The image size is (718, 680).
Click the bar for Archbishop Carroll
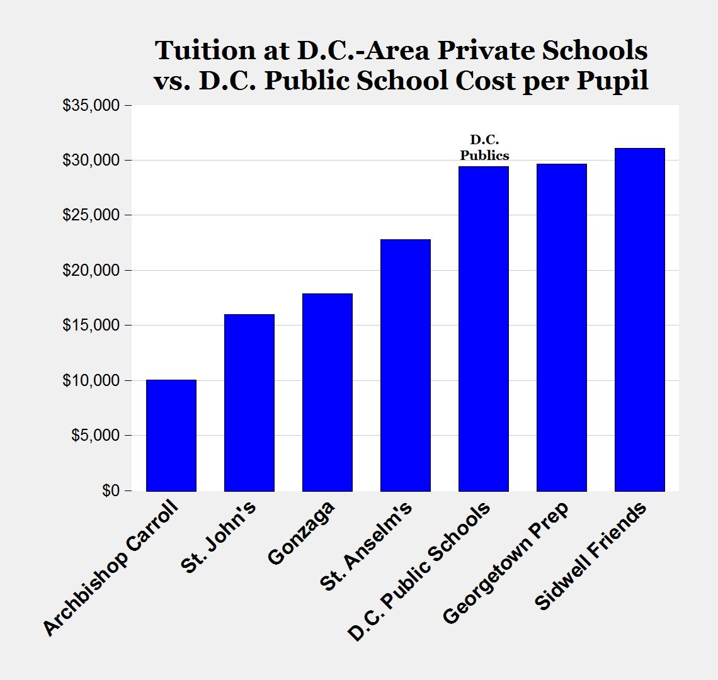(x=171, y=435)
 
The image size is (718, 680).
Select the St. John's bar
(x=249, y=402)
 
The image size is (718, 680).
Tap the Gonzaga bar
(x=327, y=392)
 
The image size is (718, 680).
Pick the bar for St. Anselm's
(x=405, y=365)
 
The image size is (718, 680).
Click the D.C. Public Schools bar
(x=483, y=328)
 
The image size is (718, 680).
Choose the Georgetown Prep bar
(x=561, y=327)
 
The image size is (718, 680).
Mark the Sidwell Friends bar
(x=639, y=319)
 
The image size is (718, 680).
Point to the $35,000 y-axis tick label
(x=91, y=105)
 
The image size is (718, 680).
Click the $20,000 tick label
(x=91, y=270)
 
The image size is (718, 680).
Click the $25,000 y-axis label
(x=91, y=215)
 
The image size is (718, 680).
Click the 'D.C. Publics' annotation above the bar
(x=484, y=147)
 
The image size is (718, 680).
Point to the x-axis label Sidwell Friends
(x=590, y=555)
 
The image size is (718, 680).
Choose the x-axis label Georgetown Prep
(x=505, y=562)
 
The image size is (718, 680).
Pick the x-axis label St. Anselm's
(x=366, y=546)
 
